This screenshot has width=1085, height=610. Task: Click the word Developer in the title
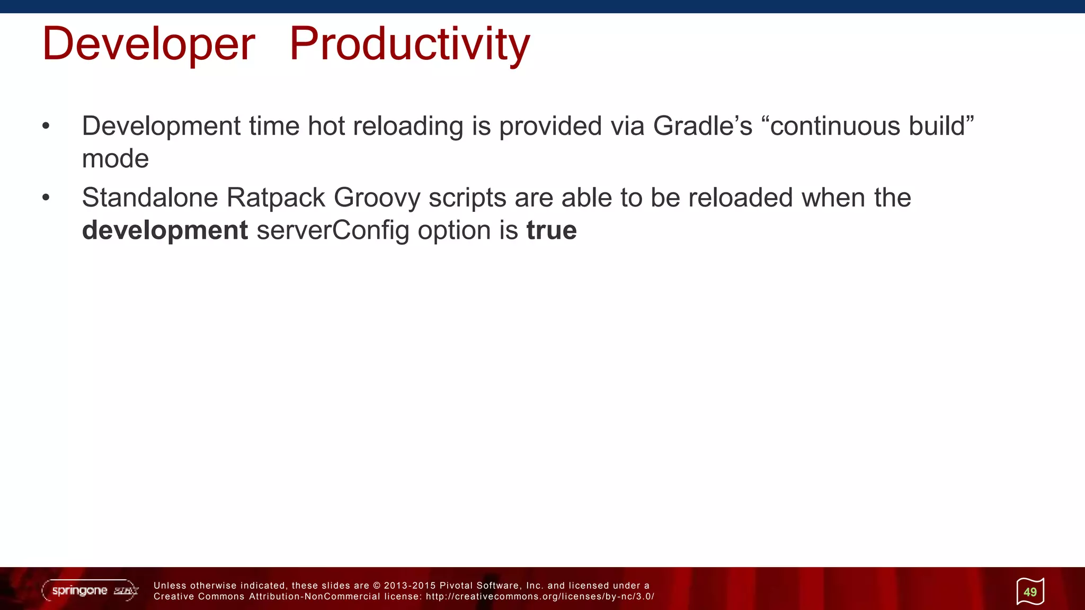pos(148,44)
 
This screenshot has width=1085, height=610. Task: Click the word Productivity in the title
pos(409,44)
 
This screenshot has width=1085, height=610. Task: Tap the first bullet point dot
pos(46,126)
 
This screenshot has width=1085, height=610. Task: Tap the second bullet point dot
pos(46,198)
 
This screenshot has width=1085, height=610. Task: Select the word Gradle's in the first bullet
pos(702,126)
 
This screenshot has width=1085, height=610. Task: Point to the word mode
pos(115,159)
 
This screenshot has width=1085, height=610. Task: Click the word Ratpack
pos(275,198)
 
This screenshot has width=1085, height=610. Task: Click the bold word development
pos(165,230)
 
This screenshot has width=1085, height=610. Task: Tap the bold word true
pos(551,230)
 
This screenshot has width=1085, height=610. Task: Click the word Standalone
pos(150,198)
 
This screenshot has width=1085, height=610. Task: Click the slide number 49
pos(1030,592)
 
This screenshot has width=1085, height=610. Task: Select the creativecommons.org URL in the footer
pos(540,597)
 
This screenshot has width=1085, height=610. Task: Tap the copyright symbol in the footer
pos(377,586)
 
